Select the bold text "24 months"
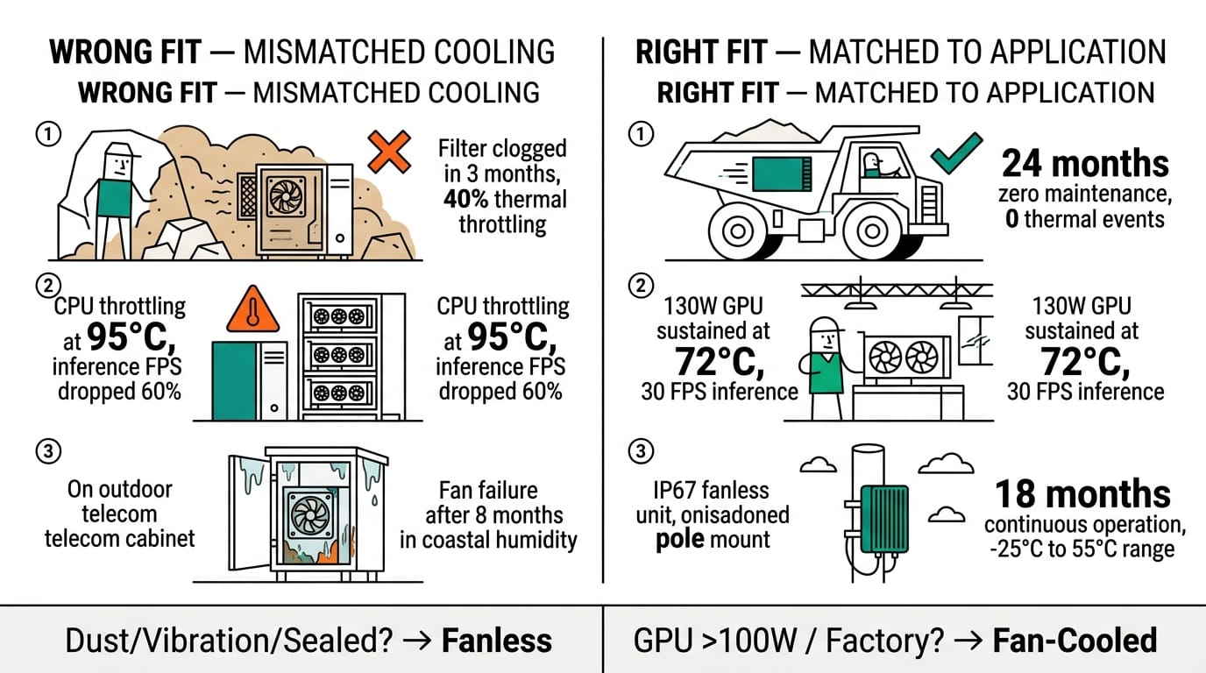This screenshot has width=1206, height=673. coord(1085,164)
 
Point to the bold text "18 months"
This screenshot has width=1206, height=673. coord(1082,494)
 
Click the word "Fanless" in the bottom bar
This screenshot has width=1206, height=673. coord(496,641)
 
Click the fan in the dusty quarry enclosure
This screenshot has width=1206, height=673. coord(285,195)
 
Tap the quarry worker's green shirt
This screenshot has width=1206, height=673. coord(113,198)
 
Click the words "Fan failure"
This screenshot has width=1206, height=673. coord(487,489)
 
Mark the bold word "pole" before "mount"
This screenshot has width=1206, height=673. coord(681,540)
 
